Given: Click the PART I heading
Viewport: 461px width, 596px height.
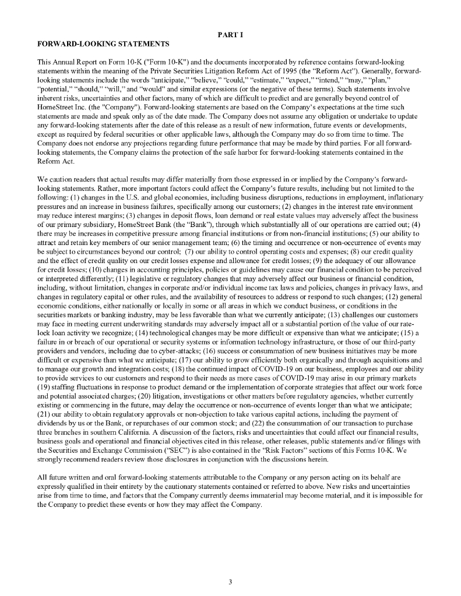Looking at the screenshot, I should click(230, 34).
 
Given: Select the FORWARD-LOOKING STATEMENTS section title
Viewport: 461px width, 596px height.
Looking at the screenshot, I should click(103, 44).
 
